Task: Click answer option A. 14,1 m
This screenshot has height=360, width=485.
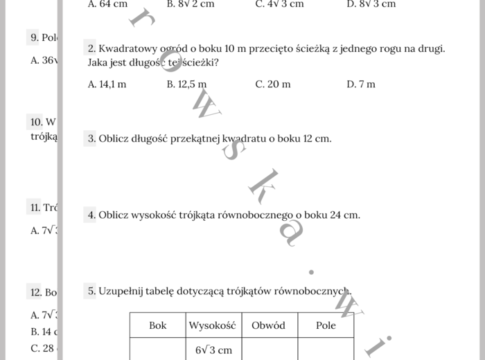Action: coord(107,84)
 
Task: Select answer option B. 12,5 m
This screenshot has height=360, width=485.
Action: coord(186,84)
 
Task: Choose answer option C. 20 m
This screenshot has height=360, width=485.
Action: coord(273,84)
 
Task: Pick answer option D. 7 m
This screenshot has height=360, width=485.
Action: coord(361,84)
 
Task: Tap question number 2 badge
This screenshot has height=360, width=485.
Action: coord(91,48)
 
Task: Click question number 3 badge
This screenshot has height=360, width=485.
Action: coord(91,138)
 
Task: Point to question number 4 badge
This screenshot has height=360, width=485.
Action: coord(91,215)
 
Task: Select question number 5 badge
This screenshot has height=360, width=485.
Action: coord(91,291)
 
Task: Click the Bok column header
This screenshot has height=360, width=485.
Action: coord(158,325)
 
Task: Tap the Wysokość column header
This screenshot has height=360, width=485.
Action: coord(213,325)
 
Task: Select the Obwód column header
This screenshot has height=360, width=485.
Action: coord(269,325)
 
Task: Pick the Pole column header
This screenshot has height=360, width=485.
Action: coord(326,325)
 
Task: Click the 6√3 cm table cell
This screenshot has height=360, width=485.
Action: coord(213,350)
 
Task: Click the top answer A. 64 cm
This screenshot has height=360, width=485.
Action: coord(108,4)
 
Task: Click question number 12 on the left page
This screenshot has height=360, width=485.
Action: coord(37,293)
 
